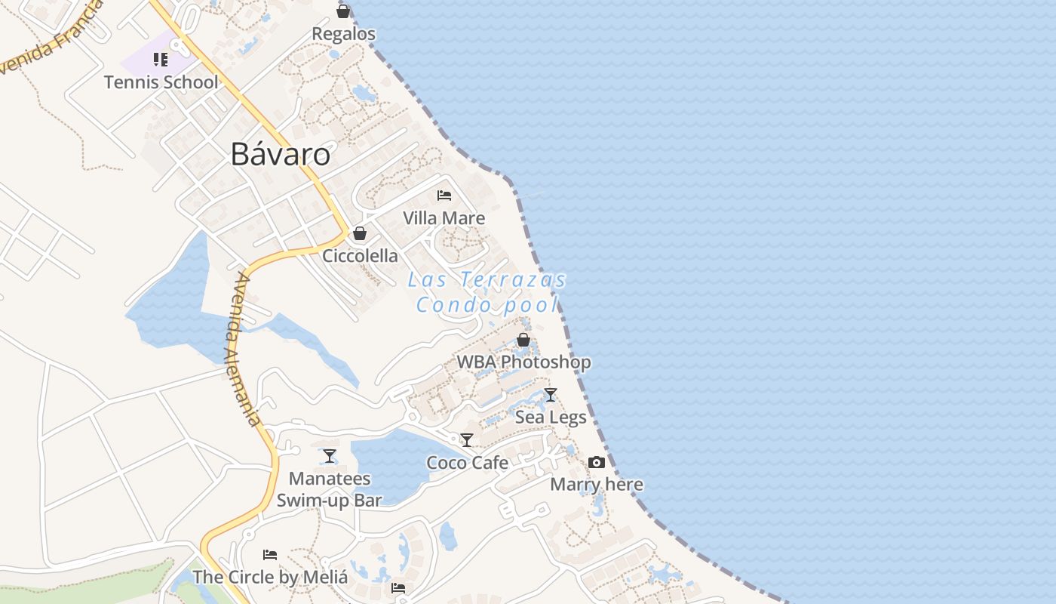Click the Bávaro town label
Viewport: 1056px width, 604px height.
tap(281, 154)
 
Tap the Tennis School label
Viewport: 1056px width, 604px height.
tap(161, 82)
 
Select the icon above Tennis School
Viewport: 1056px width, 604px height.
tap(160, 59)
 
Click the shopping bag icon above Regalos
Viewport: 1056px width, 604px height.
tap(343, 11)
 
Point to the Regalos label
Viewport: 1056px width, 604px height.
tap(343, 34)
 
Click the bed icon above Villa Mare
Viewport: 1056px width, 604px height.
tap(444, 196)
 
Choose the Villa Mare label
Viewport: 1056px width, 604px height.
tap(444, 218)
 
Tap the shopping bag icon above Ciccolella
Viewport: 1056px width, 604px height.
tap(360, 233)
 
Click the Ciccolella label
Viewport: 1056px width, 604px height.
tap(360, 256)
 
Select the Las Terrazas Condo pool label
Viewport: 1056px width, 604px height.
tap(487, 292)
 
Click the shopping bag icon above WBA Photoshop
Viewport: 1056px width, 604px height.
tap(523, 340)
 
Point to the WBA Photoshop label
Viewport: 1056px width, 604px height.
tap(523, 362)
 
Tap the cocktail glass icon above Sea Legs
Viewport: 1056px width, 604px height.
tap(551, 394)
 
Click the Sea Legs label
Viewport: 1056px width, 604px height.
tap(551, 417)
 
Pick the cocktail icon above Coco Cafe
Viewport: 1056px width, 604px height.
tap(467, 440)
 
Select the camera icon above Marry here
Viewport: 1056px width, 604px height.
tap(597, 462)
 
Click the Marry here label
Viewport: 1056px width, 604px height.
tap(597, 485)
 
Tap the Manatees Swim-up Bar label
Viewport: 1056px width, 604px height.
tap(330, 489)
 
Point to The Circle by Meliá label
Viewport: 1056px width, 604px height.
tap(270, 578)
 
